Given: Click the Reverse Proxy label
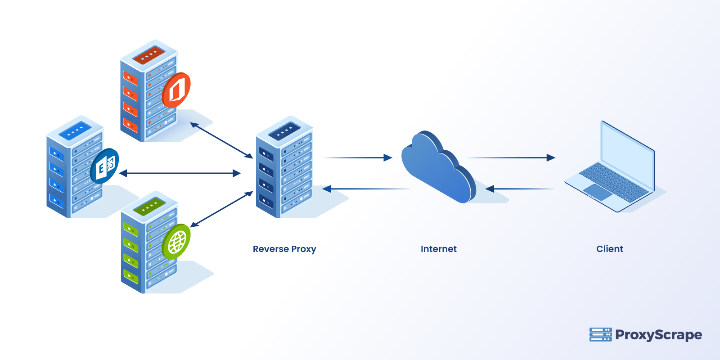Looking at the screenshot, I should (x=284, y=249).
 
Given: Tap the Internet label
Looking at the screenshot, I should (x=438, y=249).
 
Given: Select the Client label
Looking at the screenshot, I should (x=609, y=249).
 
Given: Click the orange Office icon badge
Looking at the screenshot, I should (x=176, y=90).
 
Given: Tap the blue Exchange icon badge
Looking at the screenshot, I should (x=105, y=166).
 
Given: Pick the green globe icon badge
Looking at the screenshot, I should (x=176, y=242).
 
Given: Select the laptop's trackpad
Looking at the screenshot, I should (x=598, y=192).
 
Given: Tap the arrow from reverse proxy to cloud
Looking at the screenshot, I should (x=358, y=157).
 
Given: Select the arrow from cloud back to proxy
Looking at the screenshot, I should (x=364, y=189).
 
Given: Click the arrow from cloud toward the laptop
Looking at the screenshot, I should (x=511, y=157).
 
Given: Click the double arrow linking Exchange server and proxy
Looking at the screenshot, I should (x=180, y=173).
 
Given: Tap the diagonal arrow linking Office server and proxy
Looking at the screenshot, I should (x=221, y=140).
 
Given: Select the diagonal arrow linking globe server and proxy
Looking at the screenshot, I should (x=221, y=209).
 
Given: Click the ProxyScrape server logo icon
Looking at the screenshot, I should (x=600, y=334).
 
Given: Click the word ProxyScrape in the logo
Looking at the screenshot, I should (x=658, y=335).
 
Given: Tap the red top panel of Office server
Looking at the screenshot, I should (x=148, y=54).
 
